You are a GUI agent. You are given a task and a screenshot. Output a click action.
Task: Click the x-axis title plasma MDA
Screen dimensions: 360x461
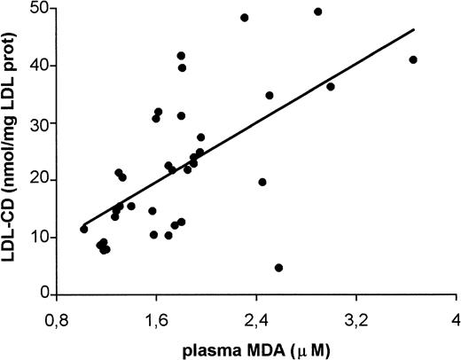pos(255,348)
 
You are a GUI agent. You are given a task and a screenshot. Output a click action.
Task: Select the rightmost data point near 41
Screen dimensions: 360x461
pos(413,59)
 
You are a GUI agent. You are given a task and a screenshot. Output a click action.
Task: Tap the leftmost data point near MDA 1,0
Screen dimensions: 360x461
pos(84,229)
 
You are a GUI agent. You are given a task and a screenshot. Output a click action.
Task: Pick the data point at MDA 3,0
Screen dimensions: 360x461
pos(331,87)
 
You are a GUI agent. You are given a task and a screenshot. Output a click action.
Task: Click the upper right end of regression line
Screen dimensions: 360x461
pos(414,28)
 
